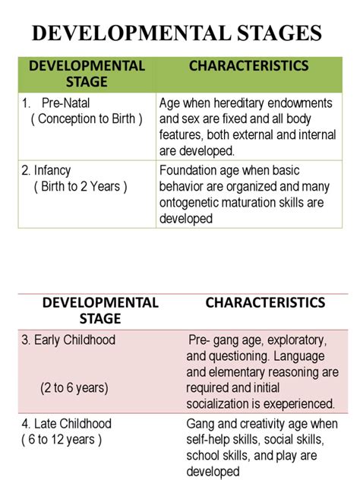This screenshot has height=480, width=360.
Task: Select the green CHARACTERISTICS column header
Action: click(x=248, y=65)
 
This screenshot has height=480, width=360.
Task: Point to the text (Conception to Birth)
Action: click(x=87, y=119)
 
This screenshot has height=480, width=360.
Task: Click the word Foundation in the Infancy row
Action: click(x=189, y=171)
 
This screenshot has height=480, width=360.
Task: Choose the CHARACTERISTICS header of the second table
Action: click(x=265, y=302)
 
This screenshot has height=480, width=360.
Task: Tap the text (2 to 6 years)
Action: click(x=74, y=387)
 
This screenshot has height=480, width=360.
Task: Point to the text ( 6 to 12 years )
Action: click(x=62, y=439)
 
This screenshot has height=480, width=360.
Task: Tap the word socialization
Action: click(x=220, y=403)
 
